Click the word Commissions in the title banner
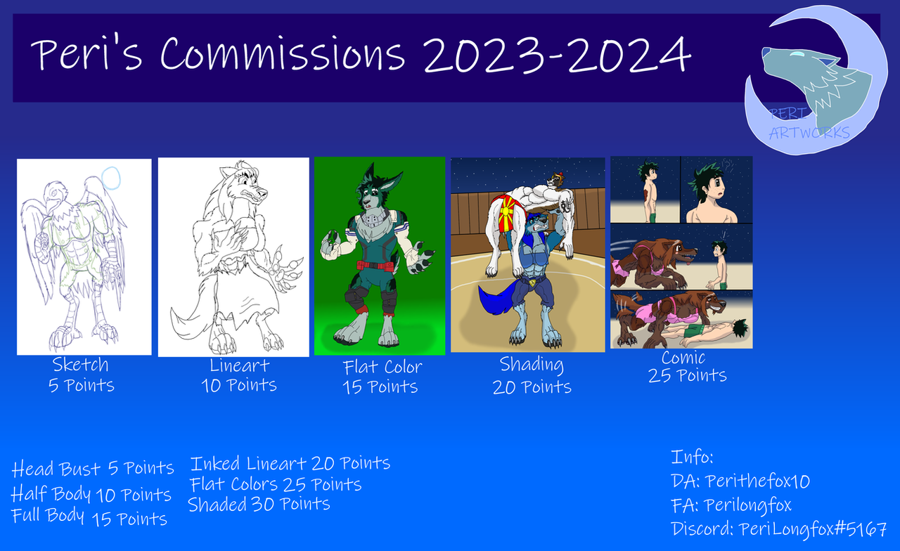pyautogui.click(x=283, y=53)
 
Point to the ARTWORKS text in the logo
pyautogui.click(x=809, y=133)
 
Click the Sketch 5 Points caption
pyautogui.click(x=81, y=375)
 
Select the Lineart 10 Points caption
pyautogui.click(x=239, y=375)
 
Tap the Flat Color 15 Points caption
pyautogui.click(x=381, y=377)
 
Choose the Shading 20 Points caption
pyautogui.click(x=532, y=376)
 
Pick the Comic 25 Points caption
pyautogui.click(x=687, y=366)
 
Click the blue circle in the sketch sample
pyautogui.click(x=110, y=178)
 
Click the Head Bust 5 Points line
pyautogui.click(x=92, y=468)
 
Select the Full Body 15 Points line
pyautogui.click(x=89, y=517)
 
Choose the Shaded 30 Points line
pyautogui.click(x=259, y=504)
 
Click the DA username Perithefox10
pyautogui.click(x=757, y=481)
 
